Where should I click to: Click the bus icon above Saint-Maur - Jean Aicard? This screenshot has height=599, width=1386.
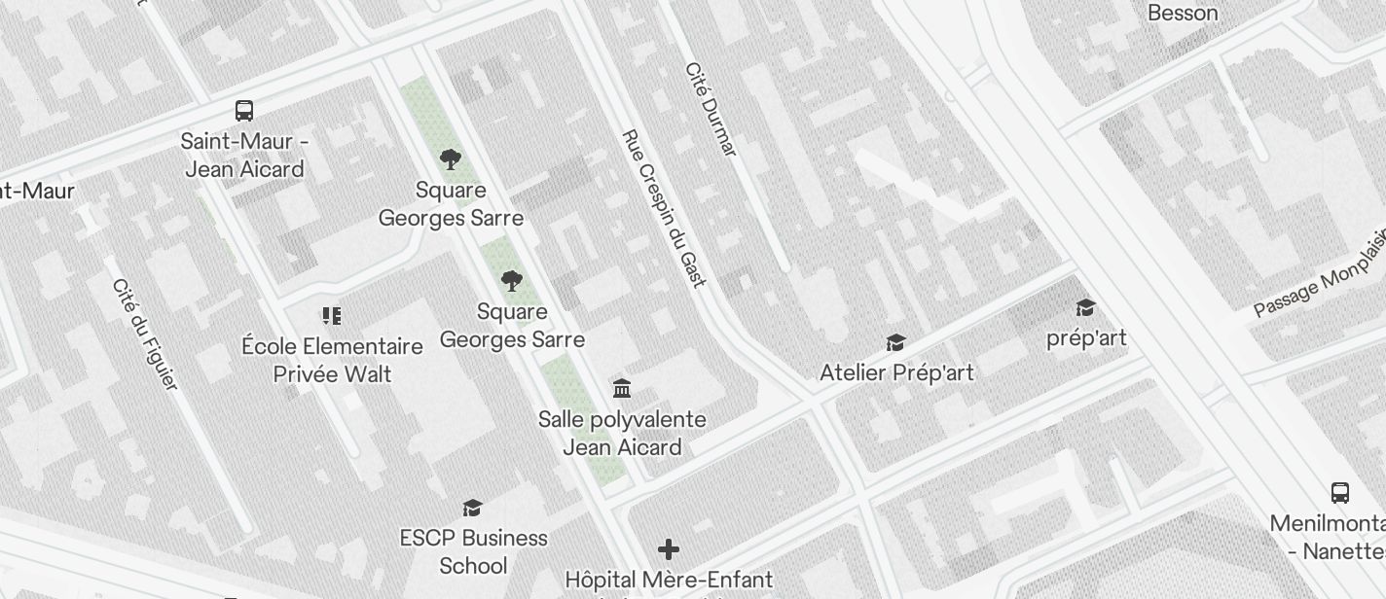pos(244,111)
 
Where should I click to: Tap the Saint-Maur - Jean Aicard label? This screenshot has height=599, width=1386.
pos(244,156)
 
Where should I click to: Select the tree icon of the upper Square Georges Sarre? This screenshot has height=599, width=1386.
pos(450,159)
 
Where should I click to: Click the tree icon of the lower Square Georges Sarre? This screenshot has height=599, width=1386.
pos(512,282)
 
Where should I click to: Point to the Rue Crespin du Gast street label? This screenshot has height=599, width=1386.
pos(663,208)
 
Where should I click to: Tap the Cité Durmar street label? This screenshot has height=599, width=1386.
pos(711,109)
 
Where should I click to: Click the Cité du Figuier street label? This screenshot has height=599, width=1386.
pos(145,334)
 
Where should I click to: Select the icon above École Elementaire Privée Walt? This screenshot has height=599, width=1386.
pos(332,316)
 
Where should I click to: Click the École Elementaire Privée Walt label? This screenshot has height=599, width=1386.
pos(332,360)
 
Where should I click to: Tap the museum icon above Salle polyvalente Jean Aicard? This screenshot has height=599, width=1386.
pos(622,389)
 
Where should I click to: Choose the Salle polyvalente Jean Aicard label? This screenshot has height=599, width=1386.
pos(622,434)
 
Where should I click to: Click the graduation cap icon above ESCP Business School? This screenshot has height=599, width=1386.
pos(473,508)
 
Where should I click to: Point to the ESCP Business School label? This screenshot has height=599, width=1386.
pos(473,551)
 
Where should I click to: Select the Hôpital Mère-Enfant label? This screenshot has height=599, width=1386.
pos(669,580)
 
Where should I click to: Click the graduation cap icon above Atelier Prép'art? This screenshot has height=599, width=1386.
pos(895,342)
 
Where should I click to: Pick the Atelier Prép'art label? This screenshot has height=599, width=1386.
pos(896,372)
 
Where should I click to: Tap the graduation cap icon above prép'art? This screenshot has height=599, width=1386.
pos(1085,308)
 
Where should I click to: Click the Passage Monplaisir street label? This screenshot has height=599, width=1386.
pos(1320,277)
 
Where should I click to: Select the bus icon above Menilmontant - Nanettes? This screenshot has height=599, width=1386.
pos(1340,493)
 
